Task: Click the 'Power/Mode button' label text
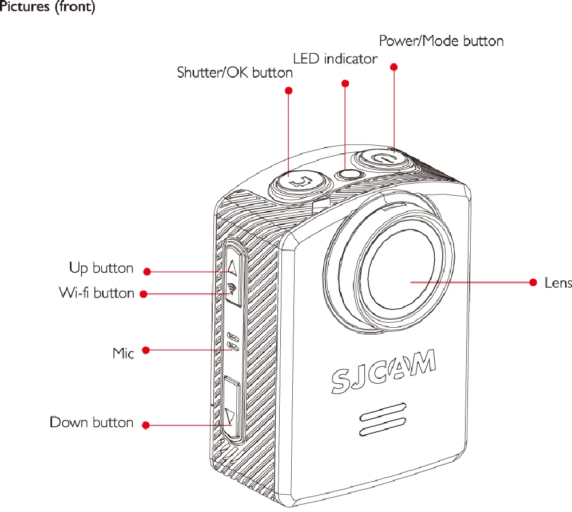[x=442, y=41]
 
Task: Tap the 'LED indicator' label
[x=335, y=59]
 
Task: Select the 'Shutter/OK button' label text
[x=235, y=73]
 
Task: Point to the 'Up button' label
[x=101, y=268]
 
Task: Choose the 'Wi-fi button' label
[x=97, y=293]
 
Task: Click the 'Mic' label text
[x=123, y=354]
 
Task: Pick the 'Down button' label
[x=91, y=423]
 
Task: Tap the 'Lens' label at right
[x=558, y=283]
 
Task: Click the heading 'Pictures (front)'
[x=47, y=6]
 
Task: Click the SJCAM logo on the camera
[x=383, y=371]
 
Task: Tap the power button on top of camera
[x=381, y=160]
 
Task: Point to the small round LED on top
[x=349, y=174]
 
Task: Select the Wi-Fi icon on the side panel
[x=231, y=289]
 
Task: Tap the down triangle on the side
[x=229, y=416]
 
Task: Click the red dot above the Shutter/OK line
[x=288, y=90]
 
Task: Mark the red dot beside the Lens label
[x=533, y=282]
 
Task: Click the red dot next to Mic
[x=146, y=350]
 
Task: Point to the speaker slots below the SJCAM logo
[x=383, y=420]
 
